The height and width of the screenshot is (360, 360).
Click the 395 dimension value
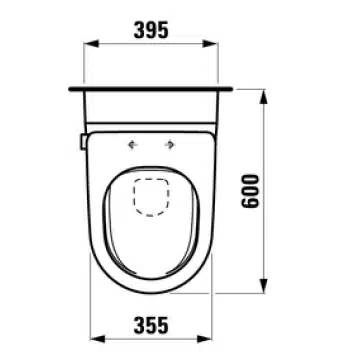151,30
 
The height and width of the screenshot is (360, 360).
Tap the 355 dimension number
151,325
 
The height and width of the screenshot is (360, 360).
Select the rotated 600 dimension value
250,191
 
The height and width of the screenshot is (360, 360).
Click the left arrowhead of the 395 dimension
91,43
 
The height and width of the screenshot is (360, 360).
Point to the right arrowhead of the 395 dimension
210,43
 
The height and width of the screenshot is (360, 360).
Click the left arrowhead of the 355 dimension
98,339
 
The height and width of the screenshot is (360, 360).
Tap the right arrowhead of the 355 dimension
204,339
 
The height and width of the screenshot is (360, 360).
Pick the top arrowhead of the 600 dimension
264,97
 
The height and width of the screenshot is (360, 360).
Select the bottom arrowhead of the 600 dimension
264,286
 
